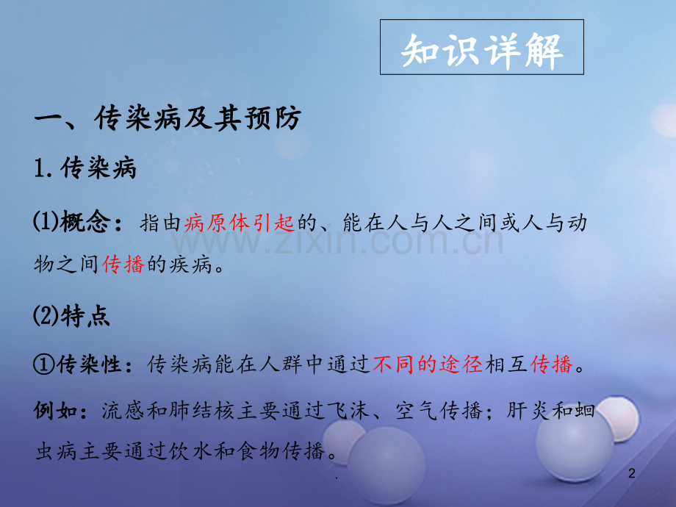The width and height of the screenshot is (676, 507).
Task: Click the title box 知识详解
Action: [482, 48]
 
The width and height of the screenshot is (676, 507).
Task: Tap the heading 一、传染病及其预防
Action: [168, 118]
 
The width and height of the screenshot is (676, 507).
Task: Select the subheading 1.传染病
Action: [86, 170]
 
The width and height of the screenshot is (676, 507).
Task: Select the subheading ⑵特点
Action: [72, 317]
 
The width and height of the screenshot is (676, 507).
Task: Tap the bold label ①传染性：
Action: [87, 364]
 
